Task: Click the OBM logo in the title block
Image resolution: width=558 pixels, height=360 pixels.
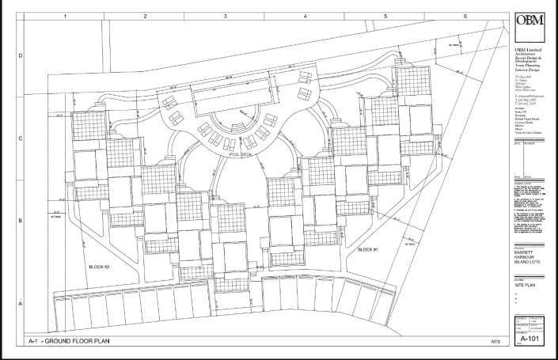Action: pyautogui.click(x=529, y=21)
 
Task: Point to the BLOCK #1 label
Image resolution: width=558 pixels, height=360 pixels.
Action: pyautogui.click(x=368, y=249)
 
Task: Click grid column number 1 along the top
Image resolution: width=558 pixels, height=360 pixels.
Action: pyautogui.click(x=65, y=15)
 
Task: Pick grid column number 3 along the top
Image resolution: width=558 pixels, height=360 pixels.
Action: pyautogui.click(x=226, y=15)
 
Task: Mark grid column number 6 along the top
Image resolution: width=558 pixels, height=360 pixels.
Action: pyautogui.click(x=465, y=15)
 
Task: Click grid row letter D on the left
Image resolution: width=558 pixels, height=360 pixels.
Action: pyautogui.click(x=21, y=55)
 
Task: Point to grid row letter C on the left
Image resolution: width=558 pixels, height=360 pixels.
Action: pyautogui.click(x=21, y=138)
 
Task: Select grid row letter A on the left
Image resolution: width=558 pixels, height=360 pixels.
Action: pyautogui.click(x=21, y=303)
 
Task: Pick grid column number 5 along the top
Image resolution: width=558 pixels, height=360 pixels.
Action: pyautogui.click(x=385, y=15)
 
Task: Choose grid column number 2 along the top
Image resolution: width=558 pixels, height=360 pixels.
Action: pyautogui.click(x=146, y=15)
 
